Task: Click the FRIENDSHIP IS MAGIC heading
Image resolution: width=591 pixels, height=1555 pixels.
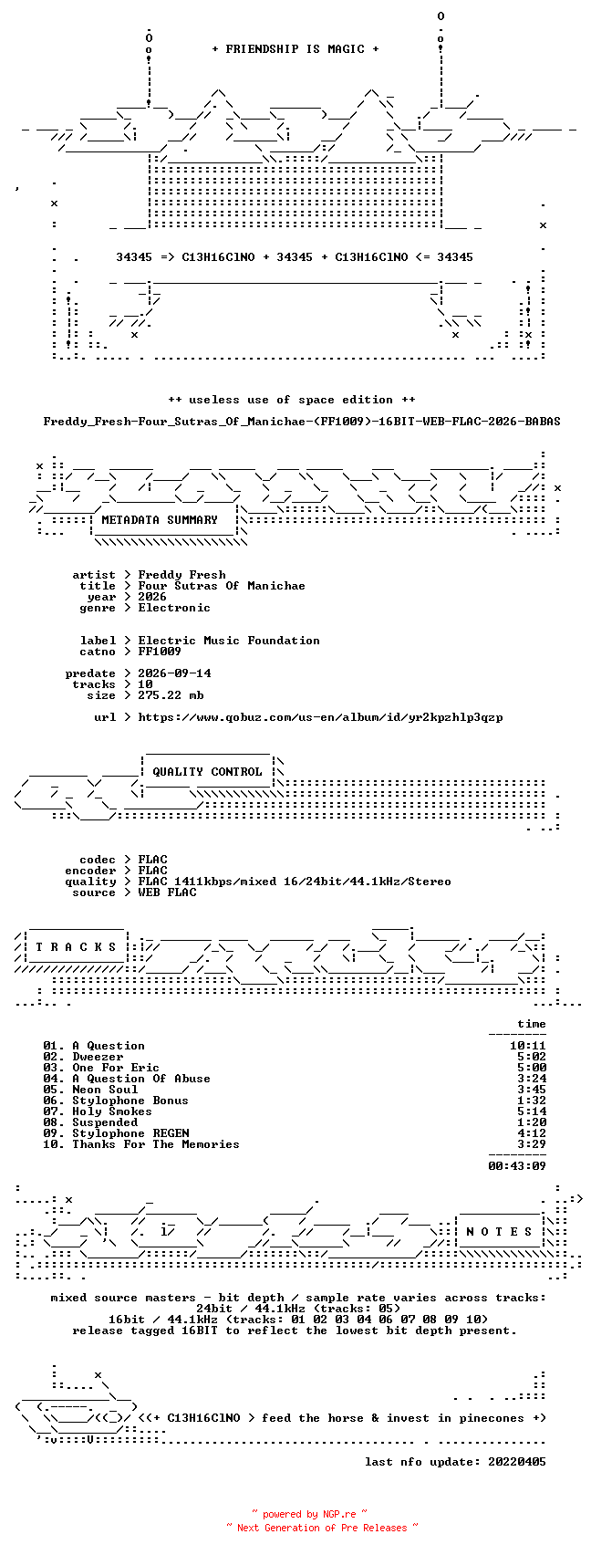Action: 295,48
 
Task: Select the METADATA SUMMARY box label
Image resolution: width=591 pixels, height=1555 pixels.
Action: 160,520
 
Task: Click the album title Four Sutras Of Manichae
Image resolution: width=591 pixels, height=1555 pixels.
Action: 222,586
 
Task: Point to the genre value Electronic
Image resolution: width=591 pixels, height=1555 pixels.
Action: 174,608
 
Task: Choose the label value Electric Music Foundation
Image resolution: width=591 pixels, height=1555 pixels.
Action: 229,641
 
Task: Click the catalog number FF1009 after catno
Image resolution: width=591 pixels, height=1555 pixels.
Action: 160,652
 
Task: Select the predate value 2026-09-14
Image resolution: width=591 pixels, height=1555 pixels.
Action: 174,673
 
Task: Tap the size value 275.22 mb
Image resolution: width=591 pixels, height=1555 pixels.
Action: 171,695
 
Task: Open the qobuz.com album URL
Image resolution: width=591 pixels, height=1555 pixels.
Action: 320,717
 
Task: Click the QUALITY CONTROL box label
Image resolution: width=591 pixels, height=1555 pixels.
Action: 207,772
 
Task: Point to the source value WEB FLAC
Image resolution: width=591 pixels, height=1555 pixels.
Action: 167,892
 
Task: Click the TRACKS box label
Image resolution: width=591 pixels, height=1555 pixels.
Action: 77,947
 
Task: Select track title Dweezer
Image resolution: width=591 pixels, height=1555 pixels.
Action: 98,1058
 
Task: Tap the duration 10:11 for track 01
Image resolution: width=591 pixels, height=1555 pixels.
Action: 528,1046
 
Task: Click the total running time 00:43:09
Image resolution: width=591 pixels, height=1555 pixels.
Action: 517,1166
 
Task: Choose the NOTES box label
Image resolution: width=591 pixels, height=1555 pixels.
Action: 499,1232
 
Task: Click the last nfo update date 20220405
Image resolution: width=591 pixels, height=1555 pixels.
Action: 517,1462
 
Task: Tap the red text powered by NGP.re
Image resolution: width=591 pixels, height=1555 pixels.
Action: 309,1514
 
